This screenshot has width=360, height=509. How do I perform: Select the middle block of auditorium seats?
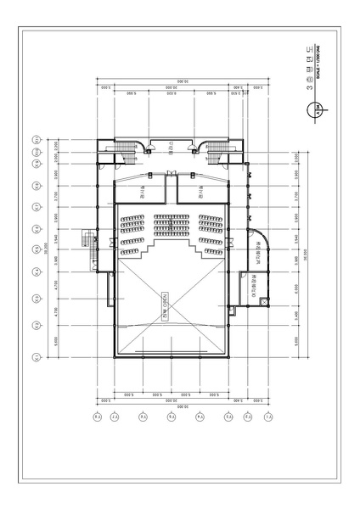(171, 225)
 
